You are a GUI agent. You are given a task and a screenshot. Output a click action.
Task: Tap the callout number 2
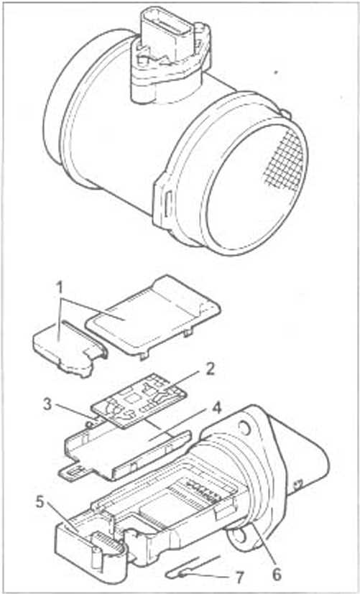(x=209, y=368)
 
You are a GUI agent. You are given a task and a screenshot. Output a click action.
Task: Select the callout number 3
(x=47, y=404)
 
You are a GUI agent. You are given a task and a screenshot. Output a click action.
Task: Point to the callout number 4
(x=216, y=409)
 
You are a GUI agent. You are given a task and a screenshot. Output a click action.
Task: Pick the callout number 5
(x=41, y=503)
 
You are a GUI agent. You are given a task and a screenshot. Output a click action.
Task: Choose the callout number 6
(x=277, y=574)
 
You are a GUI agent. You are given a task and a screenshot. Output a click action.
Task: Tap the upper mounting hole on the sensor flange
(x=245, y=427)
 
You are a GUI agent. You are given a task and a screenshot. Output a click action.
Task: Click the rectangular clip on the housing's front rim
(x=167, y=202)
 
